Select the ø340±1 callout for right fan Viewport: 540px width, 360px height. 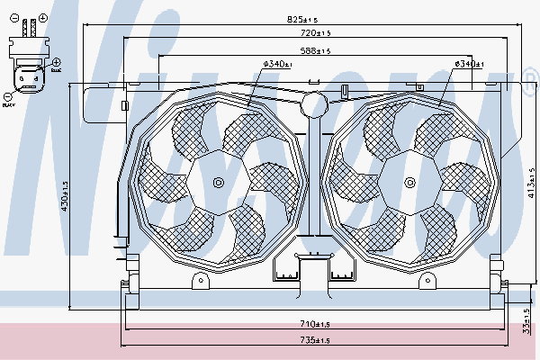tap(469, 63)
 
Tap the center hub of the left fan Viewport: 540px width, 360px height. tap(217, 183)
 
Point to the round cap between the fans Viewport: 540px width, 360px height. tap(312, 104)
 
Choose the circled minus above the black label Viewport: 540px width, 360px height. tap(8, 94)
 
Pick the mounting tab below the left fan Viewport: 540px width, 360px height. tap(201, 282)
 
